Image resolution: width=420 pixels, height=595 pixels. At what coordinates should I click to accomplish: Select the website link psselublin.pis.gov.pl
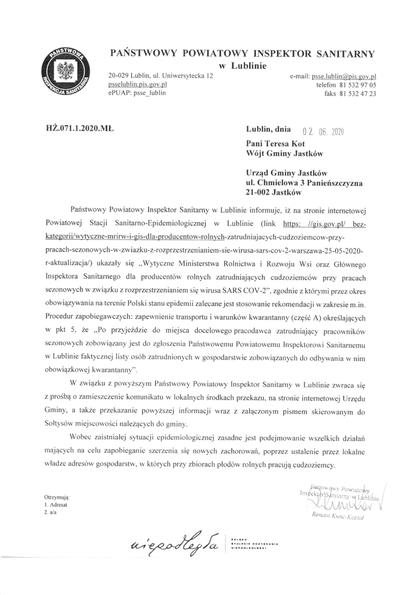(x=138, y=84)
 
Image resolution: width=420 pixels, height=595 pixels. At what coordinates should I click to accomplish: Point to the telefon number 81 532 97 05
(x=355, y=85)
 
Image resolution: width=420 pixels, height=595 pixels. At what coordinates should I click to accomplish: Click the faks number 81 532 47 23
(x=355, y=93)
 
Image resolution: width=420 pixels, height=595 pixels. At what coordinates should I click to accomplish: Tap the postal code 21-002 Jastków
(x=272, y=192)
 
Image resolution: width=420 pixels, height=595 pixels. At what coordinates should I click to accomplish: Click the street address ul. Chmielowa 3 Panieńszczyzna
(x=304, y=182)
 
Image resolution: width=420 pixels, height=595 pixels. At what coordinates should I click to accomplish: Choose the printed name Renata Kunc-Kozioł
(x=340, y=517)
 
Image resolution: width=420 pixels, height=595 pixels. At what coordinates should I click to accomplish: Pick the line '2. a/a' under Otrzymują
(x=51, y=511)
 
